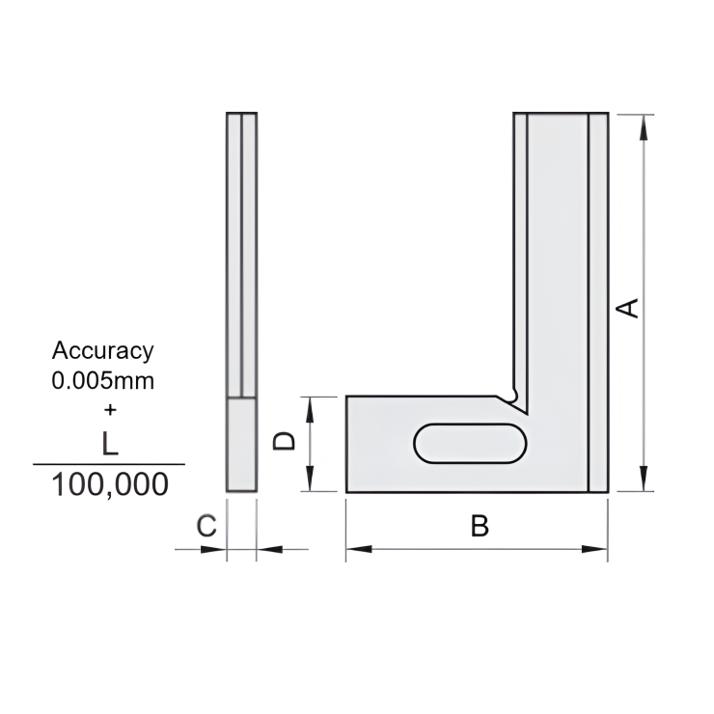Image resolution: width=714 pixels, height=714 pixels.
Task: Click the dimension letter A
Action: (628, 307)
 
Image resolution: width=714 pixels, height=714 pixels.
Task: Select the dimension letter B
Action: (480, 527)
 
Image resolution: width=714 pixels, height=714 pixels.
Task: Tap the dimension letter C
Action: (206, 526)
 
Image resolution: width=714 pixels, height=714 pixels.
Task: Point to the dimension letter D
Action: (284, 441)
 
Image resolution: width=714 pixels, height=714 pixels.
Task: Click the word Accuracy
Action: (102, 351)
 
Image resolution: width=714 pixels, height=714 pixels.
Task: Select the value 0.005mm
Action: (102, 380)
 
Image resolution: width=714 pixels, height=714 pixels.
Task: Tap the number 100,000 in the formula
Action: (109, 483)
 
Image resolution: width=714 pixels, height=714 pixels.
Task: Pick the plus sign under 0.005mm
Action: (109, 408)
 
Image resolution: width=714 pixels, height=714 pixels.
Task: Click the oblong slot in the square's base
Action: (470, 444)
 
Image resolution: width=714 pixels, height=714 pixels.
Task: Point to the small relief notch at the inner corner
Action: (512, 394)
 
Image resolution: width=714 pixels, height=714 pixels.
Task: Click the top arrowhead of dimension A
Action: (644, 123)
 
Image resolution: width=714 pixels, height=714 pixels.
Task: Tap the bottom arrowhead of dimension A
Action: (644, 483)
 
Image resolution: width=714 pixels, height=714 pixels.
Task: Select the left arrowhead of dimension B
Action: (356, 549)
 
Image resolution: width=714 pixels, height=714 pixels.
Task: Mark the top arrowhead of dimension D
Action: (310, 404)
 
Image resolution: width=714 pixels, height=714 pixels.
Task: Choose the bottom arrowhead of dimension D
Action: (310, 483)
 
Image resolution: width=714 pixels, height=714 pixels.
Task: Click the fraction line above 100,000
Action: (109, 464)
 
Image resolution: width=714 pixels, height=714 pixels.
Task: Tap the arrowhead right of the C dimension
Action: (266, 549)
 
